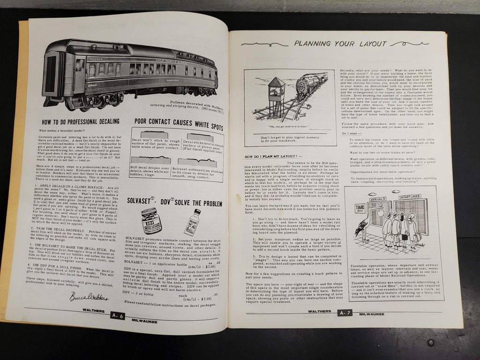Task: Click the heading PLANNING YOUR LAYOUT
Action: click(x=340, y=44)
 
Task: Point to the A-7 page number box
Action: click(x=342, y=312)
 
